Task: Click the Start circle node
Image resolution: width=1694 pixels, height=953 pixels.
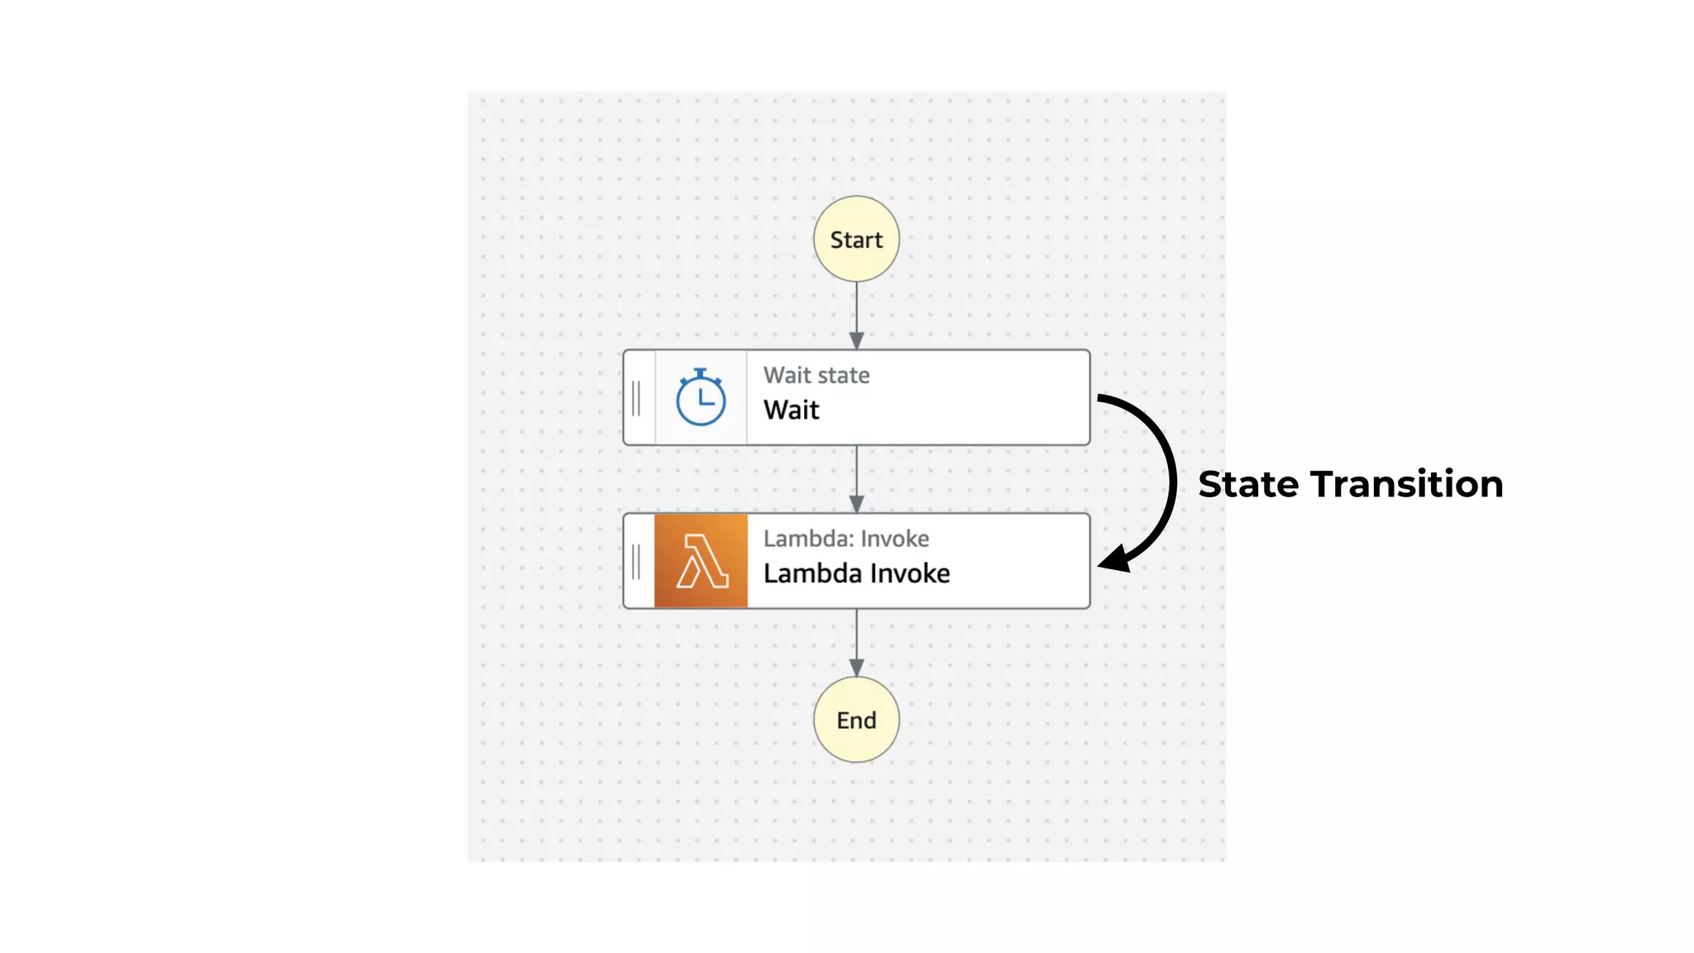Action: pos(856,239)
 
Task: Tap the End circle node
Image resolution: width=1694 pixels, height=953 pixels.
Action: pos(856,720)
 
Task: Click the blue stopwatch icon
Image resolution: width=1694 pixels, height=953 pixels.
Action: pos(701,398)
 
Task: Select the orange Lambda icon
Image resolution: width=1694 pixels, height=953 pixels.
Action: pos(701,561)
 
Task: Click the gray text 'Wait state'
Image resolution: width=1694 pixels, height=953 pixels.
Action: pos(816,376)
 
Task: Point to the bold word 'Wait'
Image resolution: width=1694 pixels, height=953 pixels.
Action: pos(791,410)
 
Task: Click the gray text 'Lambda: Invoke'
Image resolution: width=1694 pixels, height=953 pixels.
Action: pos(845,539)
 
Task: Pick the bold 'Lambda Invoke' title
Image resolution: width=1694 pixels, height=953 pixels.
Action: pos(856,573)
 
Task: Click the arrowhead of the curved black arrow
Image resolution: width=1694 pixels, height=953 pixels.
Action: pos(1114,559)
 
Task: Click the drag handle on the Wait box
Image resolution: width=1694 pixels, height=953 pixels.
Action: pos(636,398)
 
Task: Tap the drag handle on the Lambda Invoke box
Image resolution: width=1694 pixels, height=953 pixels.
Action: pos(636,562)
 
